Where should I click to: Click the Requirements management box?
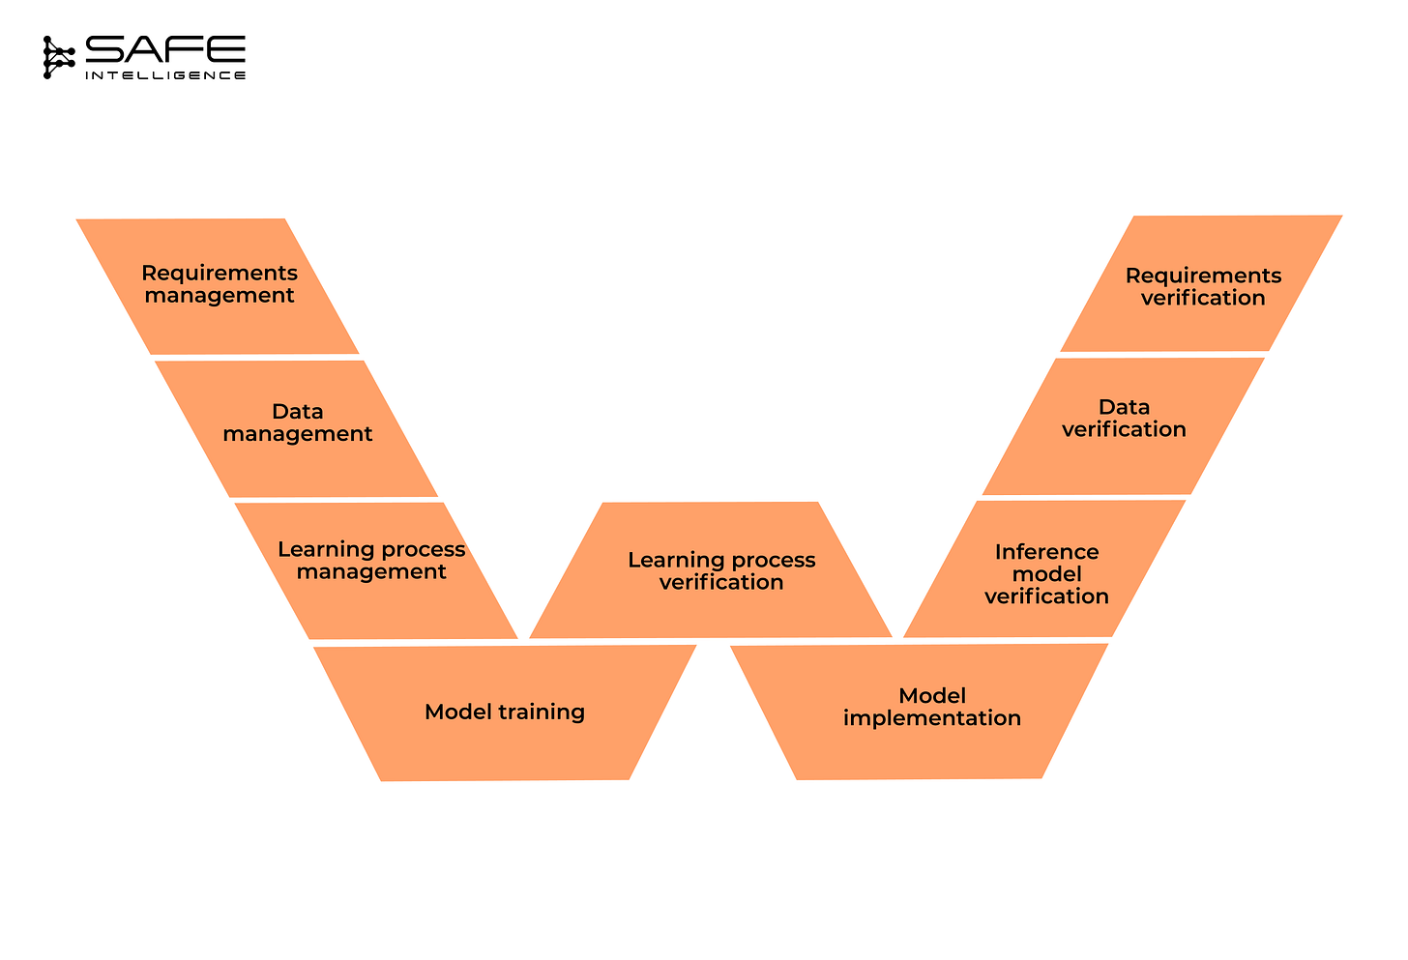(x=219, y=285)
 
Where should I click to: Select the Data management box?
(x=297, y=425)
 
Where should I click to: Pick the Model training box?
(x=505, y=713)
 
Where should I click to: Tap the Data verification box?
(x=1124, y=422)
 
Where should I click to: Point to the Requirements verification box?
(x=1202, y=286)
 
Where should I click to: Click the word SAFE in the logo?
(x=165, y=50)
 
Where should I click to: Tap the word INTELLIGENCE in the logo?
(x=165, y=75)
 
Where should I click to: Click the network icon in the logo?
(x=58, y=57)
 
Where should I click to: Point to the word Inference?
(x=1046, y=552)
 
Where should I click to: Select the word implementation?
(x=931, y=718)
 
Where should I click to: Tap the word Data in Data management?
(x=297, y=412)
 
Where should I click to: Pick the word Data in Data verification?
(x=1124, y=407)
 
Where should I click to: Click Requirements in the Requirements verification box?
(x=1203, y=276)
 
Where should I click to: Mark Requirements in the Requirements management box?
(x=220, y=274)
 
